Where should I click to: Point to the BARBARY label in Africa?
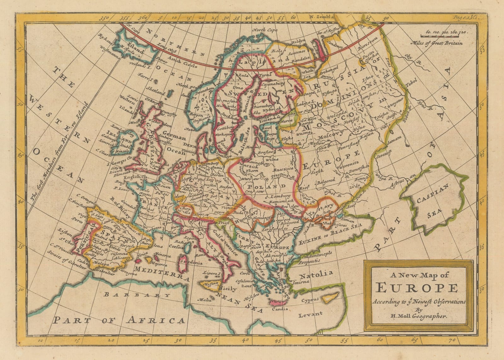click(x=137, y=295)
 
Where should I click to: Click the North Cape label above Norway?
click(x=265, y=30)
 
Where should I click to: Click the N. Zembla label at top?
click(x=321, y=18)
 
